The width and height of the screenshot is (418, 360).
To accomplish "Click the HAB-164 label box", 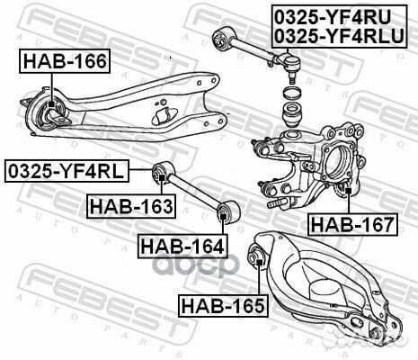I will click(181, 244).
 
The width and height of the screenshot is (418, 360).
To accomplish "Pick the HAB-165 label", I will click(222, 305).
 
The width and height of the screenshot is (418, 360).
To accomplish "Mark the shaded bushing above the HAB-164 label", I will click(226, 213).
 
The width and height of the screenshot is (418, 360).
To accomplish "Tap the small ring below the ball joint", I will click(291, 94).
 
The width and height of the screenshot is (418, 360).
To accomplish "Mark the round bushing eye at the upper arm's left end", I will click(219, 35).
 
